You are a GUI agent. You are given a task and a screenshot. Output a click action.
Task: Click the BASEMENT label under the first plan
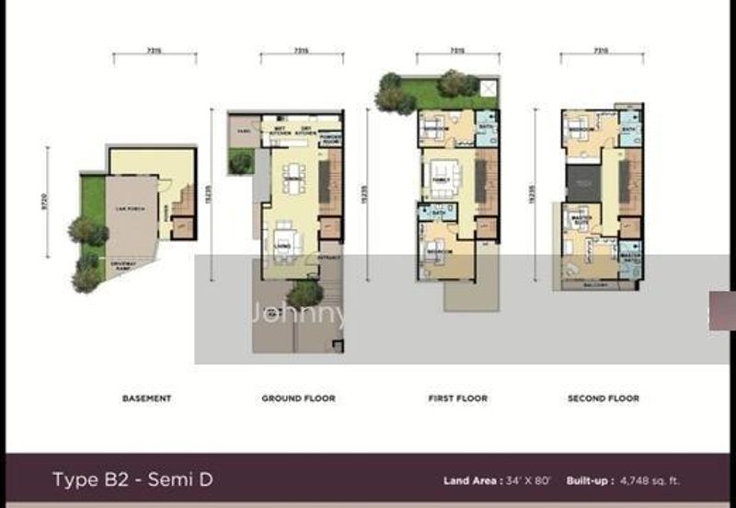click(x=147, y=398)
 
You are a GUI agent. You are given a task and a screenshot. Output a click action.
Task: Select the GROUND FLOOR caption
click(x=299, y=398)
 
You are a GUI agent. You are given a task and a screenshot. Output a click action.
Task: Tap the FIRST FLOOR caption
click(x=457, y=398)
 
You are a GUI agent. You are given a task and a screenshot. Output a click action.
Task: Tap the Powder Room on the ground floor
click(x=331, y=133)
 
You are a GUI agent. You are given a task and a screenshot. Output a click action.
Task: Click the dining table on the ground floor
click(x=293, y=178)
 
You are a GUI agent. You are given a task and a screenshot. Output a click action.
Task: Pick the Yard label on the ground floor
click(x=244, y=131)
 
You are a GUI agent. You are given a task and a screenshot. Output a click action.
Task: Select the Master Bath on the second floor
click(x=629, y=259)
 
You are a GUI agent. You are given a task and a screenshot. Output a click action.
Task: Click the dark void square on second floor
click(x=581, y=182)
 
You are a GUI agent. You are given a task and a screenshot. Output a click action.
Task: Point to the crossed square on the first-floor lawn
click(x=488, y=88)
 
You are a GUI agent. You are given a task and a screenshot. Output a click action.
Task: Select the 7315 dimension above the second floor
click(x=600, y=52)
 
